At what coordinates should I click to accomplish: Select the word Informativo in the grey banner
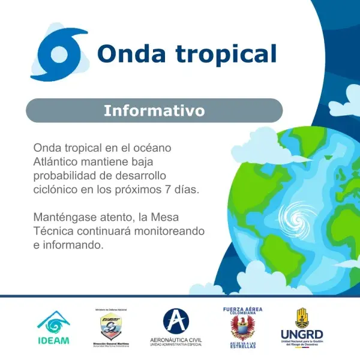[x=154, y=111]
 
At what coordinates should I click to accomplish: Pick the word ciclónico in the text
[x=58, y=189]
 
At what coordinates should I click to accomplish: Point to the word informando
[x=77, y=245]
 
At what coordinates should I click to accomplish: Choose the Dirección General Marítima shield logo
[x=112, y=326]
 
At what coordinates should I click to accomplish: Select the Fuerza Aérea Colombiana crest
[x=242, y=328]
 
